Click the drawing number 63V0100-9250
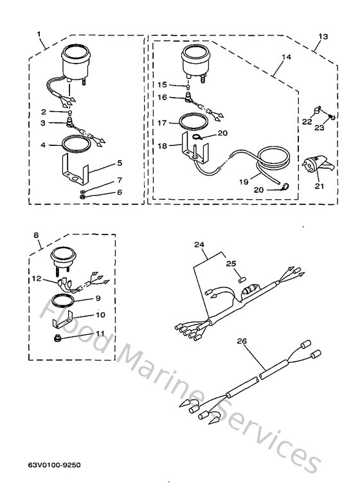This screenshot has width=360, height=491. click(x=55, y=463)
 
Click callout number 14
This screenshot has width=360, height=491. click(x=286, y=57)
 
